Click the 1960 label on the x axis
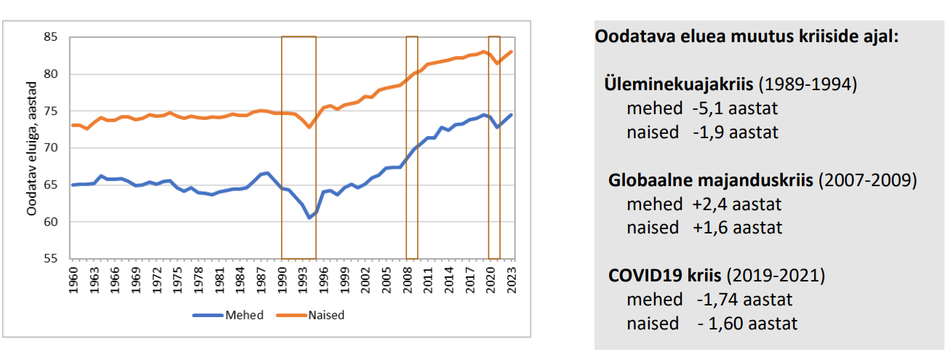pyautogui.click(x=72, y=279)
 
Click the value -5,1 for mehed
pyautogui.click(x=709, y=108)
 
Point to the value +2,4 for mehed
pyautogui.click(x=710, y=204)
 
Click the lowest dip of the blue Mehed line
pyautogui.click(x=309, y=217)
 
